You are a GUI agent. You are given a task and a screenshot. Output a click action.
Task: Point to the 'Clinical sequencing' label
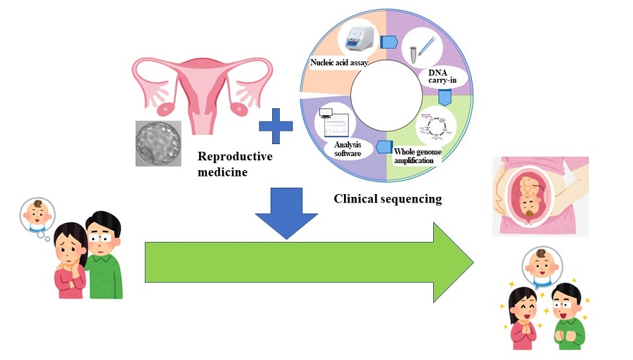coord(388,199)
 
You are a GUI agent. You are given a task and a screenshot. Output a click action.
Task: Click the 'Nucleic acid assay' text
coord(340,63)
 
